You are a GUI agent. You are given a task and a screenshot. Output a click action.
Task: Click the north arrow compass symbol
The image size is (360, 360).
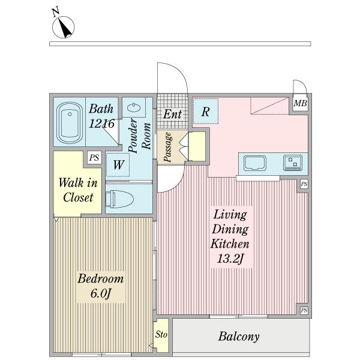point(63,27)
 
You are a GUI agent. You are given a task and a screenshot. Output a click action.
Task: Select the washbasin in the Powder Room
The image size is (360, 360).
point(134,107)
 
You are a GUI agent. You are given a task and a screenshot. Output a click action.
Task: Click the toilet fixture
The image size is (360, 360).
point(119,199)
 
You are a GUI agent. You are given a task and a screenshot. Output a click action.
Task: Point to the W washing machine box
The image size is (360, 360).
point(118,164)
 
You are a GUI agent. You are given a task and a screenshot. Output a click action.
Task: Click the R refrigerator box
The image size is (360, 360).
point(205,112)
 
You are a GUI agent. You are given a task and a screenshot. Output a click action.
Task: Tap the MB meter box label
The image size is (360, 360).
point(301,103)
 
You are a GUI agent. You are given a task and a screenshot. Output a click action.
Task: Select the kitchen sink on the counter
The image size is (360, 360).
point(255,163)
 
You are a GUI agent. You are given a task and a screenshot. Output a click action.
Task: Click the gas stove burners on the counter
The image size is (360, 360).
point(293,163)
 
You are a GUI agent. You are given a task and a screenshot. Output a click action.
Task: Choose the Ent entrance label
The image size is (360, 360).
point(172,114)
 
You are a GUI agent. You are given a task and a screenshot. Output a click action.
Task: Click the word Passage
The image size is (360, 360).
point(168,147)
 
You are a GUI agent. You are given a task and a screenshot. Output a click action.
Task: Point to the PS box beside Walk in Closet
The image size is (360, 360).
point(94,158)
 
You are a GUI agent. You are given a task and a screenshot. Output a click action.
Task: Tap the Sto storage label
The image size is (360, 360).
point(161,334)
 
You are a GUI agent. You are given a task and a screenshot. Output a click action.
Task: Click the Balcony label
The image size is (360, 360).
point(239,337)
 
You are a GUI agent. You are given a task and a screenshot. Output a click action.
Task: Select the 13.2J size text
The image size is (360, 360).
point(230,259)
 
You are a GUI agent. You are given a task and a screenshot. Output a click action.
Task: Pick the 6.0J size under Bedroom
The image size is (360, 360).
point(101,293)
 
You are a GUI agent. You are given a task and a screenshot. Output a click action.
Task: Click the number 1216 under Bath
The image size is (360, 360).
point(101,124)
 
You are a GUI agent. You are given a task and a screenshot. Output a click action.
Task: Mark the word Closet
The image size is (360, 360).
point(78,197)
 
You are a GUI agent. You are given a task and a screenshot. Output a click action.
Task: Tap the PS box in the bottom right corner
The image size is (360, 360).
point(304,311)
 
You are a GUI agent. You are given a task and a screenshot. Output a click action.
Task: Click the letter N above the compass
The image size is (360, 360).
point(55,12)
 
